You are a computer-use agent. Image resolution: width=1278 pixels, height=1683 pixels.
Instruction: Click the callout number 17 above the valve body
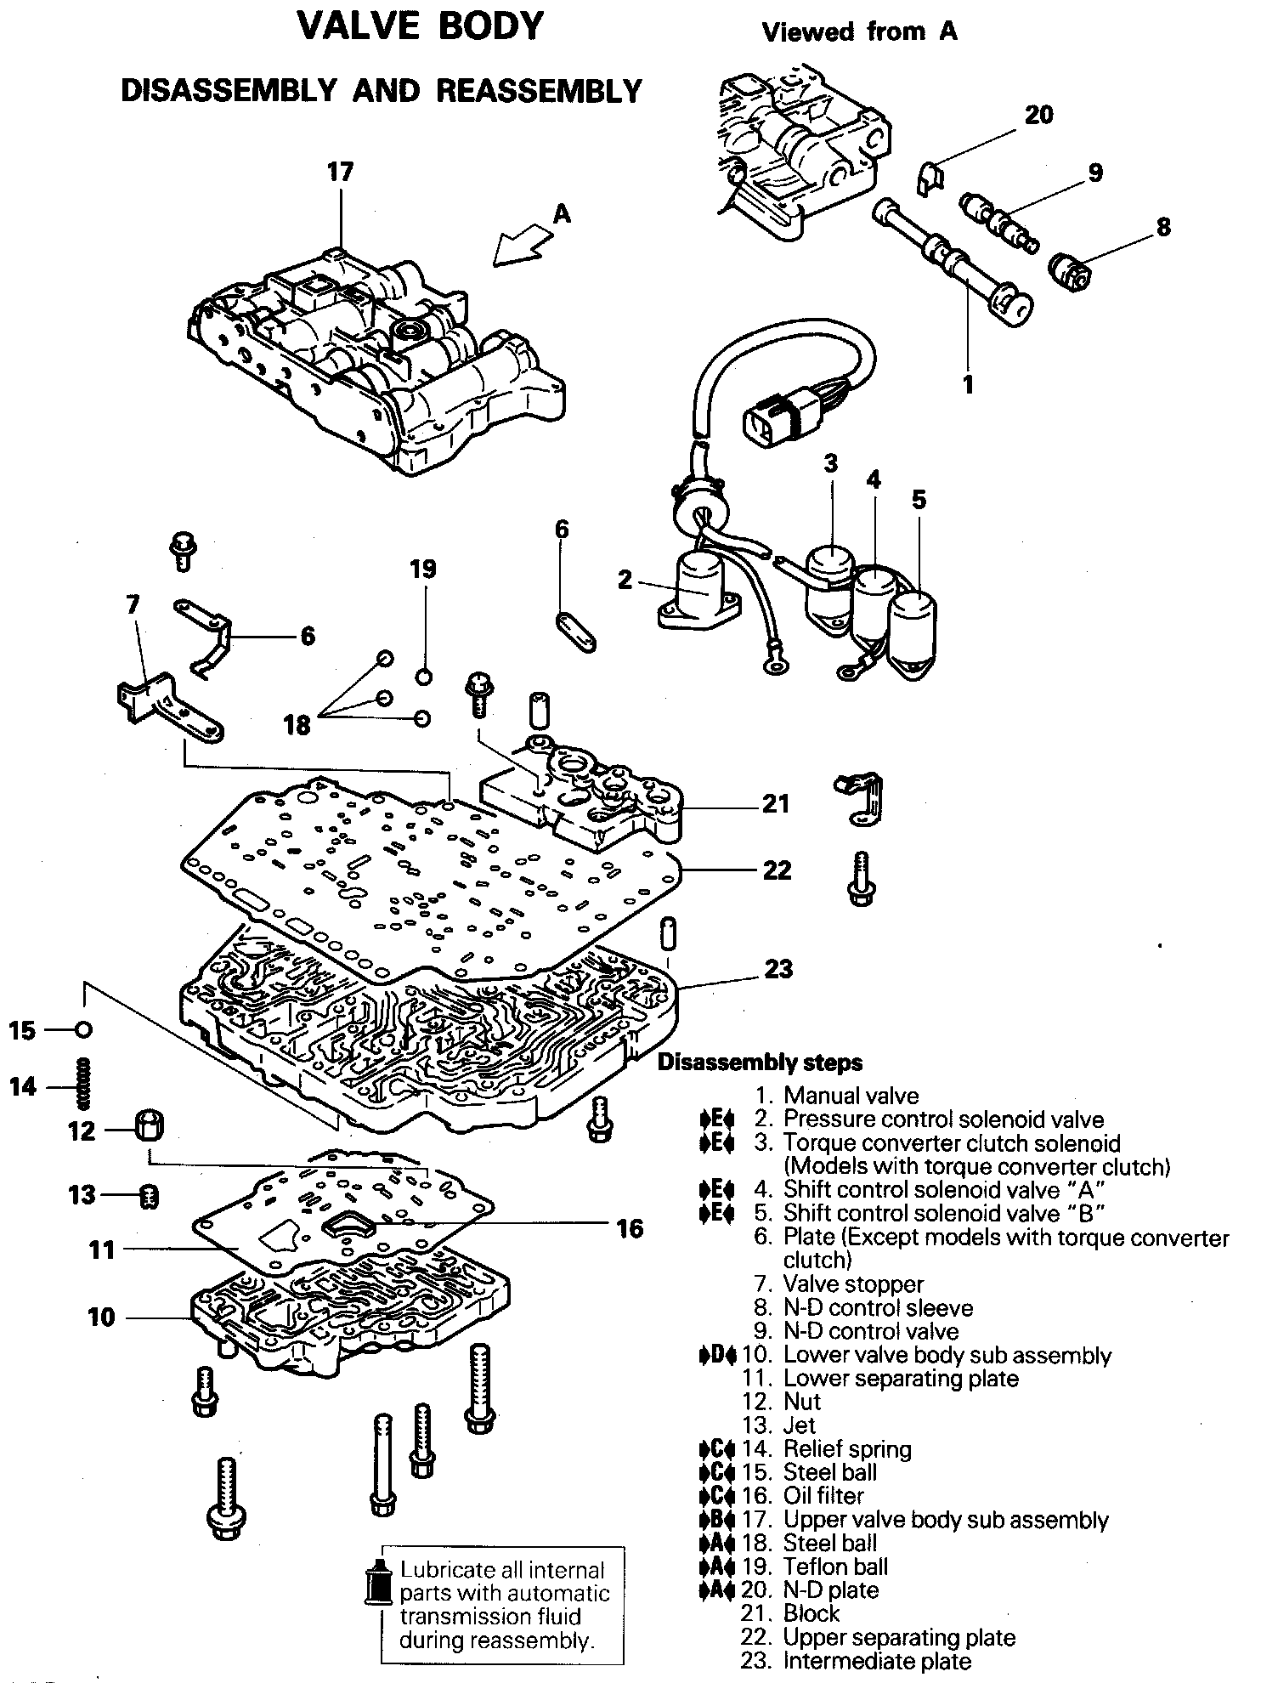click(x=340, y=173)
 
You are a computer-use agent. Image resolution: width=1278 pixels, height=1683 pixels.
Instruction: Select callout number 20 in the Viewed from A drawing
click(x=1038, y=115)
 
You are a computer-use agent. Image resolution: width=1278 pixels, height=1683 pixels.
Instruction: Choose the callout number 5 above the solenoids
click(x=919, y=499)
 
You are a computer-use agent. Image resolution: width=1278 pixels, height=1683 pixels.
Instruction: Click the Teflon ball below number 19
click(x=424, y=677)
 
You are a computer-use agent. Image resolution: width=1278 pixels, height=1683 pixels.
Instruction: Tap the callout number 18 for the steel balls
click(x=297, y=725)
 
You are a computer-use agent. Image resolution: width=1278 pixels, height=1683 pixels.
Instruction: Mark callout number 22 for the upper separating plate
click(x=777, y=870)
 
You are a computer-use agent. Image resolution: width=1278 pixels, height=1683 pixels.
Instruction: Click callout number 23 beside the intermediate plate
click(x=778, y=968)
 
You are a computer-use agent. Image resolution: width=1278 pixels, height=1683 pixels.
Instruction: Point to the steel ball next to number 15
click(x=82, y=1030)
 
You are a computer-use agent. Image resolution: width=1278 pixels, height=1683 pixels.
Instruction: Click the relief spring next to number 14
click(x=83, y=1084)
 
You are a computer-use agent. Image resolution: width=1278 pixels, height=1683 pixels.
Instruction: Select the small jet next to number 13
click(x=149, y=1196)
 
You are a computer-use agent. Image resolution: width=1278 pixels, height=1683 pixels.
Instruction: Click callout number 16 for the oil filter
click(x=630, y=1227)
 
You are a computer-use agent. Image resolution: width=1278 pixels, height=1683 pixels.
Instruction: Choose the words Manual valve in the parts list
click(x=851, y=1096)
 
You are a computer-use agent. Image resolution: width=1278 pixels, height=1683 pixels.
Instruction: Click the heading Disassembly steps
click(x=760, y=1062)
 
